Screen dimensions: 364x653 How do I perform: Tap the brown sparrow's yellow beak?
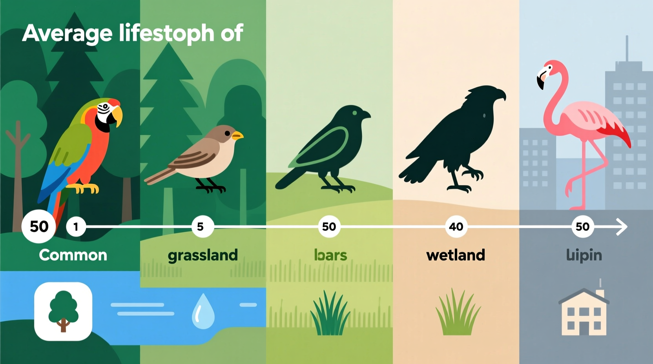(x=237, y=136)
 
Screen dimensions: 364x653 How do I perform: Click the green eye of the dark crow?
(x=355, y=113)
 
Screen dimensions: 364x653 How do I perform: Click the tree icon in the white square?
(x=63, y=311)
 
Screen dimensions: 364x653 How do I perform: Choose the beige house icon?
(x=584, y=312)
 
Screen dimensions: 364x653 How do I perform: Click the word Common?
(x=73, y=255)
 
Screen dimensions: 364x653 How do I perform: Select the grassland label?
(x=202, y=255)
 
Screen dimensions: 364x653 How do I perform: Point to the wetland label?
(x=456, y=255)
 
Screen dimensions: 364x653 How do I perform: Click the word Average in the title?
(x=67, y=33)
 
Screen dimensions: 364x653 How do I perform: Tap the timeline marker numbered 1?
(x=76, y=227)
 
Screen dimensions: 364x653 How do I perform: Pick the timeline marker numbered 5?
(x=201, y=227)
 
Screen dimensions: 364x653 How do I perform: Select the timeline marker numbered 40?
(x=456, y=227)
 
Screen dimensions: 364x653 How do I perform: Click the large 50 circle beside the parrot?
(x=39, y=227)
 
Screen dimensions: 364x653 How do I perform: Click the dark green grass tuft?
(x=330, y=314)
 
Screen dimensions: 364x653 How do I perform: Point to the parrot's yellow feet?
(x=86, y=188)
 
